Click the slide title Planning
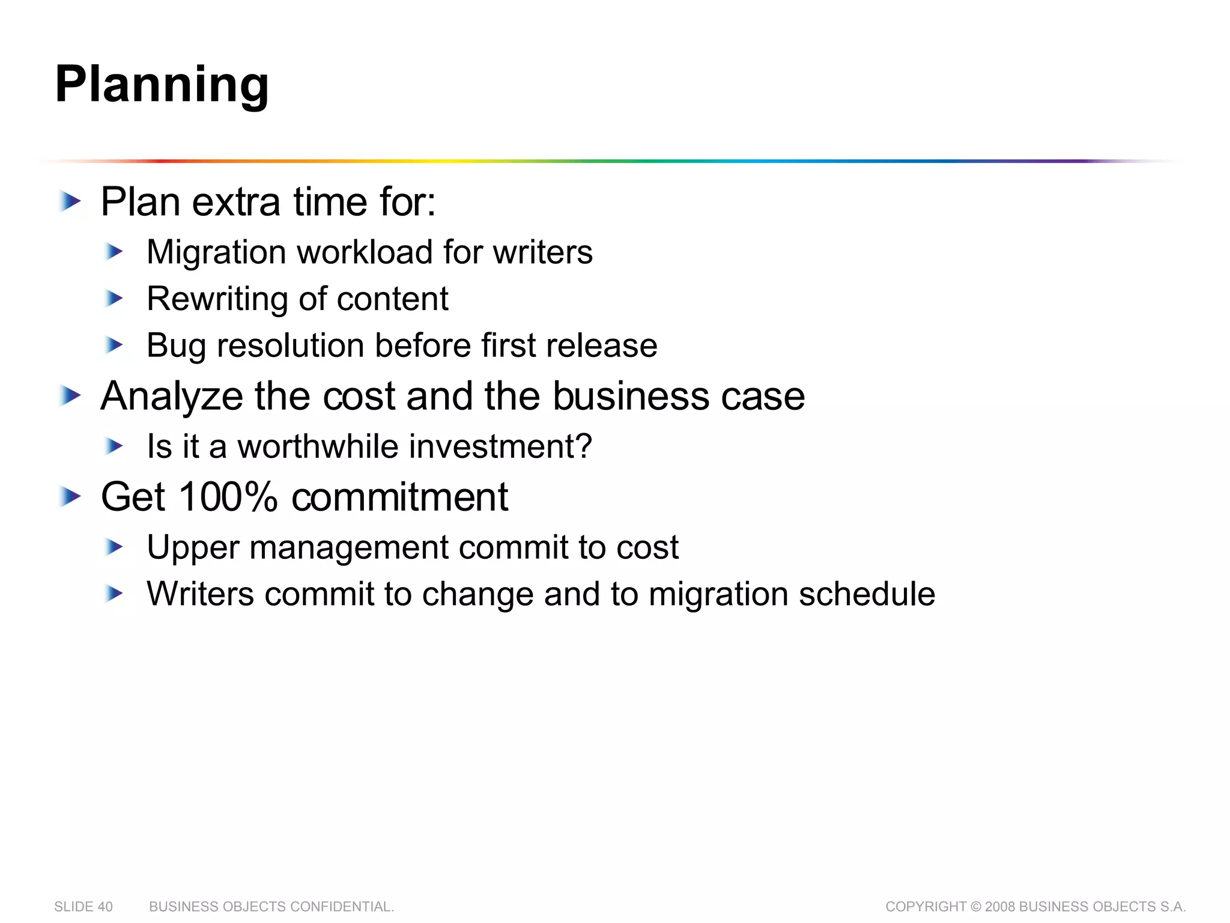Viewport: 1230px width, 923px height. click(x=162, y=85)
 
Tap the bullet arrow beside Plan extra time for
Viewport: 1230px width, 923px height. click(x=71, y=201)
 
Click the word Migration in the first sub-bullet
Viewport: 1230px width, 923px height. click(x=216, y=252)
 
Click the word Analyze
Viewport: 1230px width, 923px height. click(x=172, y=397)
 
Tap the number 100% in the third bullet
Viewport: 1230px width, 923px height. click(x=228, y=497)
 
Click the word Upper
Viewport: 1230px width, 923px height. click(x=193, y=548)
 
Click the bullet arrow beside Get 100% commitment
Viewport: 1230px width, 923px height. click(x=71, y=497)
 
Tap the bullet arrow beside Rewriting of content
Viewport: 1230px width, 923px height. click(x=114, y=298)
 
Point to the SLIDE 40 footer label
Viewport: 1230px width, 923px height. click(x=83, y=907)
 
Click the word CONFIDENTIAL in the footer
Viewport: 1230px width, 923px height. click(x=342, y=907)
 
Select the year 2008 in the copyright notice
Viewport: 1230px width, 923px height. click(x=1000, y=907)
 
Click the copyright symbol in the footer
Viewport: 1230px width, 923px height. click(x=975, y=907)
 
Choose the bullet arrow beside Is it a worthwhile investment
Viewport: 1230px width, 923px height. click(x=114, y=446)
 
